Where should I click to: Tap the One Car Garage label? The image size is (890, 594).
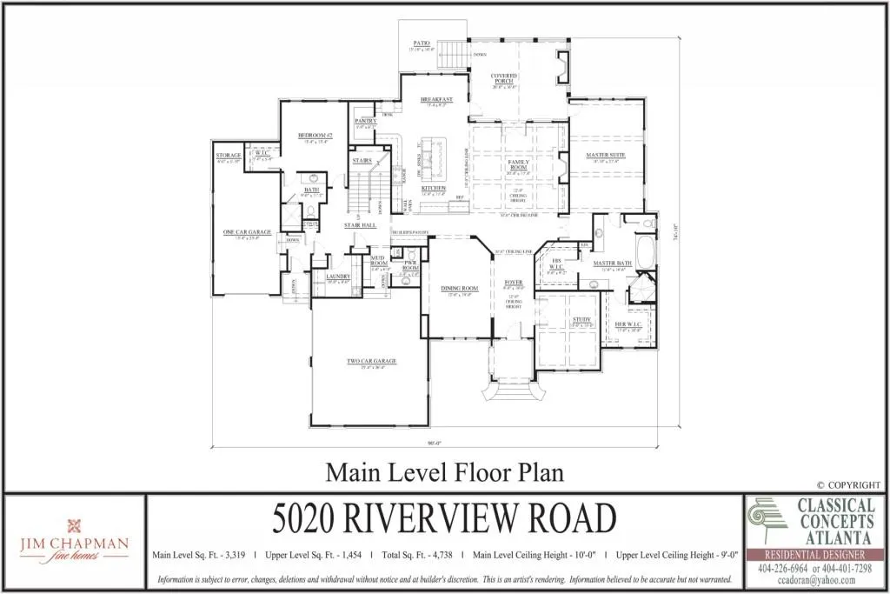pyautogui.click(x=248, y=232)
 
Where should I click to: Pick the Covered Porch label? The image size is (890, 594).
pyautogui.click(x=504, y=78)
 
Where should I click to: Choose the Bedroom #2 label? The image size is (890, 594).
pyautogui.click(x=311, y=136)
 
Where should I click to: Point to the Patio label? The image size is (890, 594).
pyautogui.click(x=422, y=42)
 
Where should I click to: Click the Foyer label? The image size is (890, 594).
pyautogui.click(x=514, y=283)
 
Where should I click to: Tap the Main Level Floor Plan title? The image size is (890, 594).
pyautogui.click(x=444, y=472)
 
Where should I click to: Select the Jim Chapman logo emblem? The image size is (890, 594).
pyautogui.click(x=73, y=526)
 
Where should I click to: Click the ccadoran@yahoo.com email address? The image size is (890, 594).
pyautogui.click(x=816, y=580)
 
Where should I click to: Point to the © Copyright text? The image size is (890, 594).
pyautogui.click(x=848, y=484)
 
